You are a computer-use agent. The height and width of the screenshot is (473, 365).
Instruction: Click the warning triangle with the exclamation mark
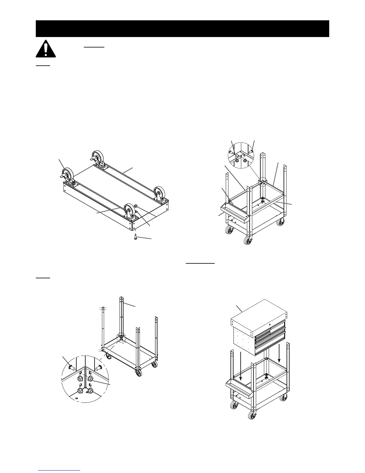point(46,49)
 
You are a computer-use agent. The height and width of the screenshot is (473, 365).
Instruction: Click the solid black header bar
point(182,29)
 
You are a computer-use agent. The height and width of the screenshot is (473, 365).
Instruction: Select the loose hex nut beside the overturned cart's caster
point(135,206)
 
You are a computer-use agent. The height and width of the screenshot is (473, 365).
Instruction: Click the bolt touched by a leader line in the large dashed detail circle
point(71,367)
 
